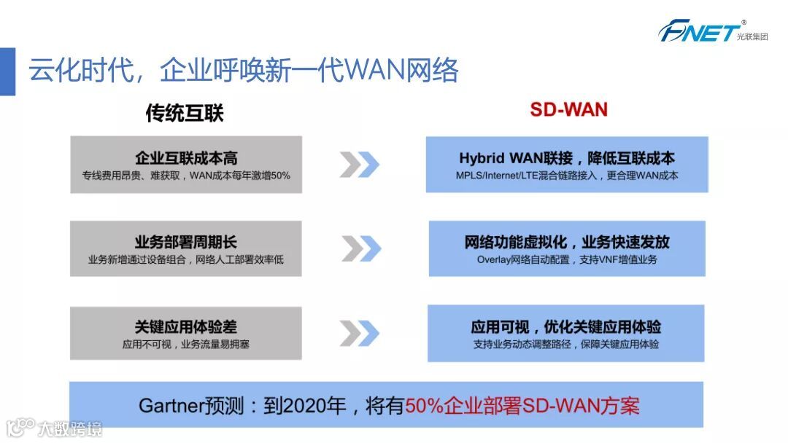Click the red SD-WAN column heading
tap(568, 109)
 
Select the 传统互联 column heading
tap(185, 112)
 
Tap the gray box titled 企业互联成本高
tap(186, 165)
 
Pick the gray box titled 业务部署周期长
tap(186, 248)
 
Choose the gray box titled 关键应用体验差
tap(186, 333)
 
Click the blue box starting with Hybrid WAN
tap(567, 165)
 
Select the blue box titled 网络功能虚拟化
tap(567, 248)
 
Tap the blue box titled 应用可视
tap(566, 333)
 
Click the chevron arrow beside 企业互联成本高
tap(359, 165)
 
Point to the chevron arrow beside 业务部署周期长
tap(361, 248)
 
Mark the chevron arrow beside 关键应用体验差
tap(359, 333)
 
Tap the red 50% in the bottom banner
tap(424, 405)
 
